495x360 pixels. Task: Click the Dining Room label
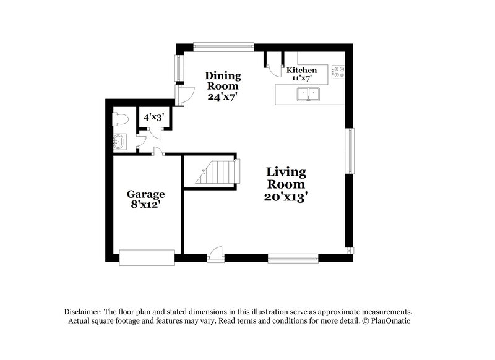tap(223, 81)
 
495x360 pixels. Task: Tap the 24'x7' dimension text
tap(223, 96)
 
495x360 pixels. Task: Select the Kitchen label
tap(301, 71)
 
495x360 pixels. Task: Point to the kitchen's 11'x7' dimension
tap(301, 79)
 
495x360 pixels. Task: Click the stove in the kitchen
tap(338, 73)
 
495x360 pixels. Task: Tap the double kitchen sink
tap(308, 94)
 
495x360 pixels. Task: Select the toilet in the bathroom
tap(119, 118)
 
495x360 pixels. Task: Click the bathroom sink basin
tap(119, 142)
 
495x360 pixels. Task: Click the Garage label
tap(146, 194)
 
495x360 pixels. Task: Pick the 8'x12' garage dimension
tap(146, 204)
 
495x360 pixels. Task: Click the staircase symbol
tap(217, 171)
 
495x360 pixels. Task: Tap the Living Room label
tap(286, 178)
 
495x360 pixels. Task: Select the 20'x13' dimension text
tap(286, 197)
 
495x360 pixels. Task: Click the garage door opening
tap(147, 257)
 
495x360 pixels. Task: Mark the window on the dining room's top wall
tap(223, 45)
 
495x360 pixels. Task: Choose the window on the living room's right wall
tap(350, 151)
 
